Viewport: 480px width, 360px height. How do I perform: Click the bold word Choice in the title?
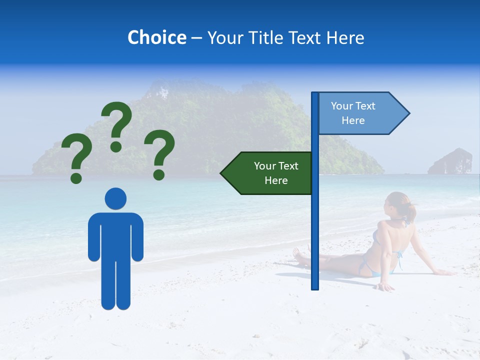156,37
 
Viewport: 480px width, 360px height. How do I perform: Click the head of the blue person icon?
115,198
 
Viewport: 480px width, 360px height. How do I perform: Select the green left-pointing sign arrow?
267,173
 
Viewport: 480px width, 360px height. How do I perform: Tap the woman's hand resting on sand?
385,287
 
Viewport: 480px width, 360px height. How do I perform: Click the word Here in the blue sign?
353,120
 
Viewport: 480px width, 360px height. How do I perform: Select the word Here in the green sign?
276,180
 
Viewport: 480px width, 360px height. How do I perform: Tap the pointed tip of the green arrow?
221,173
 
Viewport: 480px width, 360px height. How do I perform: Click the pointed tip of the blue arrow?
408,113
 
